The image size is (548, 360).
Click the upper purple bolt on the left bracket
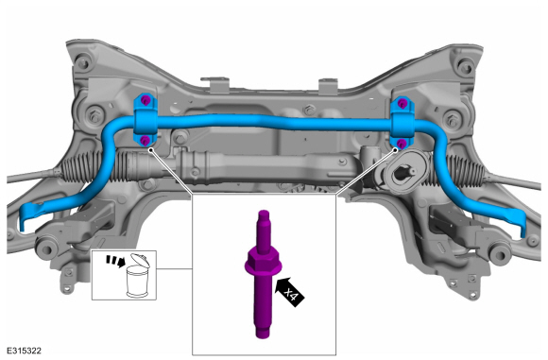146,101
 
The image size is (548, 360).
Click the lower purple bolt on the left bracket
145,141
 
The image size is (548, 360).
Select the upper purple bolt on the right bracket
402,103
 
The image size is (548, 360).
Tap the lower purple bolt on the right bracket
402,143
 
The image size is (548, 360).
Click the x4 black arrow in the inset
290,292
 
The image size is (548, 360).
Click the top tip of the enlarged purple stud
264,212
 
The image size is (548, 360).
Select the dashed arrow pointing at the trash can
115,261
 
